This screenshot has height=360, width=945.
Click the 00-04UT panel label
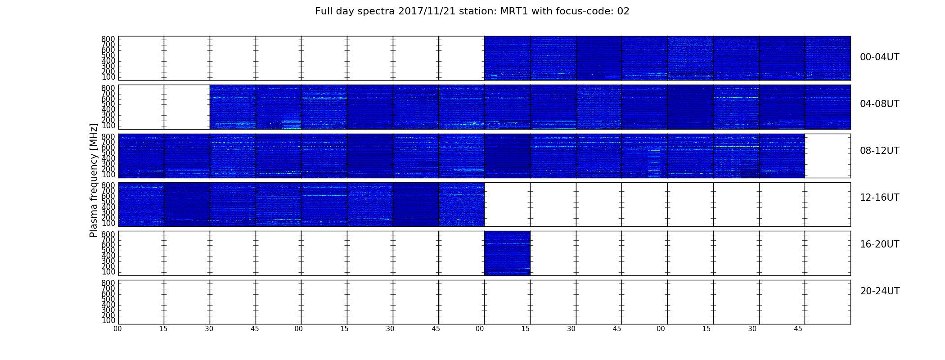(x=880, y=57)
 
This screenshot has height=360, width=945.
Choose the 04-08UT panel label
(x=880, y=104)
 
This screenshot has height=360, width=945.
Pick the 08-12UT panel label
(x=880, y=151)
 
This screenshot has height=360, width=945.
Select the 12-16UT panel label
(x=880, y=198)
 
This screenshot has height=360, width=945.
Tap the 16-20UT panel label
(x=880, y=244)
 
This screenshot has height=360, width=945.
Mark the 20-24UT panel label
(x=880, y=291)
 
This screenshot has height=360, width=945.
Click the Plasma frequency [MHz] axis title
(x=94, y=180)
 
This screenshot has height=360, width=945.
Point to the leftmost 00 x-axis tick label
(x=117, y=329)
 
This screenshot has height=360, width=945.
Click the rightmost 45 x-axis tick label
(x=798, y=329)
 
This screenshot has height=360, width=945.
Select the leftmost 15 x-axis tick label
(x=163, y=329)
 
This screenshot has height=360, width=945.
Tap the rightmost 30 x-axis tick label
(x=752, y=329)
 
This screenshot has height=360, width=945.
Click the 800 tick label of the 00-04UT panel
(x=108, y=39)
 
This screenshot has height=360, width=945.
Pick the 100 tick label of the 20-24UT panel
(x=108, y=320)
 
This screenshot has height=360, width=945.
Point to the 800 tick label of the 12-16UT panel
(x=108, y=185)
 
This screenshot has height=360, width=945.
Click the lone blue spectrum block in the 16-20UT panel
(x=507, y=253)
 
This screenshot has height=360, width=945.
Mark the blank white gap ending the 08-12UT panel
(x=828, y=156)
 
